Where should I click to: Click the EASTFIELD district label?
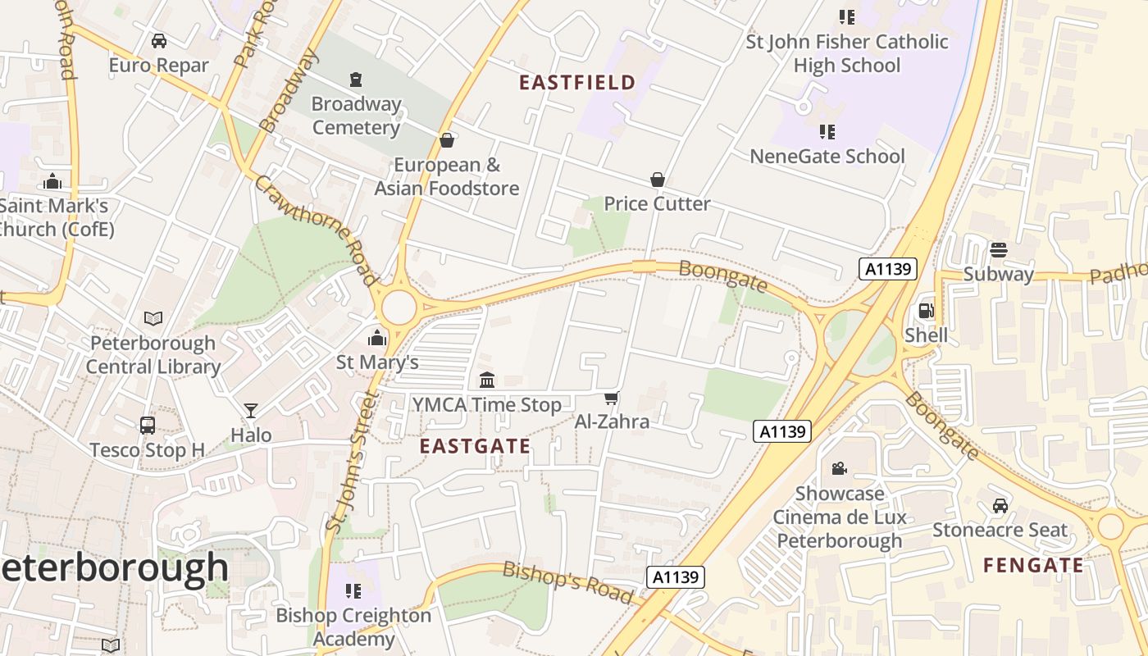577,82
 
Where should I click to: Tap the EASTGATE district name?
475,446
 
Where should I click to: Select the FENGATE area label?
1033,565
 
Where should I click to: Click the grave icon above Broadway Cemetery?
355,80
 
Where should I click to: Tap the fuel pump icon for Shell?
926,311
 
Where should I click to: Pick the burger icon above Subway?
998,249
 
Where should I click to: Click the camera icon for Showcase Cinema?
839,468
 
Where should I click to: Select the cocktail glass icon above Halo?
251,410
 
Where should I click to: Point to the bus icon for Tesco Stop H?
148,426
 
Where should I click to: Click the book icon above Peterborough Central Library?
153,318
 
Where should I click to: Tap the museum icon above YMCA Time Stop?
487,380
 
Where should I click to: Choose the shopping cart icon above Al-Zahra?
611,398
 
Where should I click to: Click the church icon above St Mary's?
377,337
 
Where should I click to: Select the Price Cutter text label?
657,203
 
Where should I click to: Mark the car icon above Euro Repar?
159,40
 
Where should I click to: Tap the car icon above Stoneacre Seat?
1000,505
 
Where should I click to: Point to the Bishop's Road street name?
568,581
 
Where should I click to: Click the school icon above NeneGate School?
827,131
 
